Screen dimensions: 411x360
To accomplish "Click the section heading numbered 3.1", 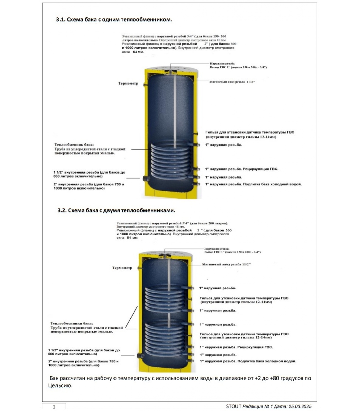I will pos(114,20).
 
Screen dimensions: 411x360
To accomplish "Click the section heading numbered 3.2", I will pos(116,210).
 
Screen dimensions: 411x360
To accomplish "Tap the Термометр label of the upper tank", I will pos(128,83).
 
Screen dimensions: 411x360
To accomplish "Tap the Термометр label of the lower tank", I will pos(122,268).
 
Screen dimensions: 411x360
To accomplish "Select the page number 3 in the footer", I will pos(54,407).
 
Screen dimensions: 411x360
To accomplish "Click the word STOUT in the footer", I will pos(233,406).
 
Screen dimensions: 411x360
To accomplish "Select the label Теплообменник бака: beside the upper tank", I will pos(74,145).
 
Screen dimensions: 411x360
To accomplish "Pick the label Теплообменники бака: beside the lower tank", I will pos(71,323).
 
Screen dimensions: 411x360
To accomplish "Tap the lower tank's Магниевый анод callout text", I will pos(226,264).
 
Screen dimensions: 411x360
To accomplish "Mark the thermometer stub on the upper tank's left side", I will pos(146,84).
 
